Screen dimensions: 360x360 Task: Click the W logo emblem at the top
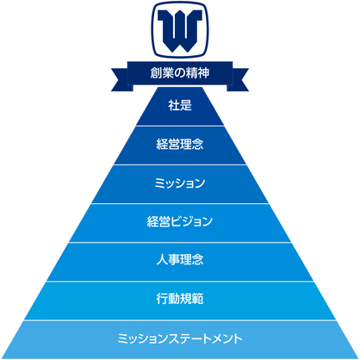tap(180, 29)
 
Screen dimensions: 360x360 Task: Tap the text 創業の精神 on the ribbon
tap(180, 73)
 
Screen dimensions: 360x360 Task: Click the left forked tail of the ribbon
tap(121, 79)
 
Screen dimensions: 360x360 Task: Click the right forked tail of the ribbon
tap(238, 79)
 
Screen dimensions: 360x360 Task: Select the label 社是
tap(180, 105)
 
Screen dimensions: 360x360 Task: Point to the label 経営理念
tap(180, 144)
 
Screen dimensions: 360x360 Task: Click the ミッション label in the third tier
tap(180, 183)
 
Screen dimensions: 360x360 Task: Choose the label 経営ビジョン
tap(180, 221)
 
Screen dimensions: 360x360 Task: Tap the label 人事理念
tap(180, 260)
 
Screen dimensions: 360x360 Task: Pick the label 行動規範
tap(180, 299)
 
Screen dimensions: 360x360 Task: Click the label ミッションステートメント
tap(180, 338)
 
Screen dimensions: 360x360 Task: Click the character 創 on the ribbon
tap(156, 73)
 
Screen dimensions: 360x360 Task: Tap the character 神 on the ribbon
tap(203, 73)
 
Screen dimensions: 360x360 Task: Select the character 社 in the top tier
tap(174, 105)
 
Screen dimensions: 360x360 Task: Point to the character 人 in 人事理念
tap(162, 260)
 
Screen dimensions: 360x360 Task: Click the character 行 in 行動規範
tap(162, 299)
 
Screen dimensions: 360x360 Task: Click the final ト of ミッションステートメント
tap(238, 338)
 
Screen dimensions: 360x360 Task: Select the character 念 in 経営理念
tap(198, 144)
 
